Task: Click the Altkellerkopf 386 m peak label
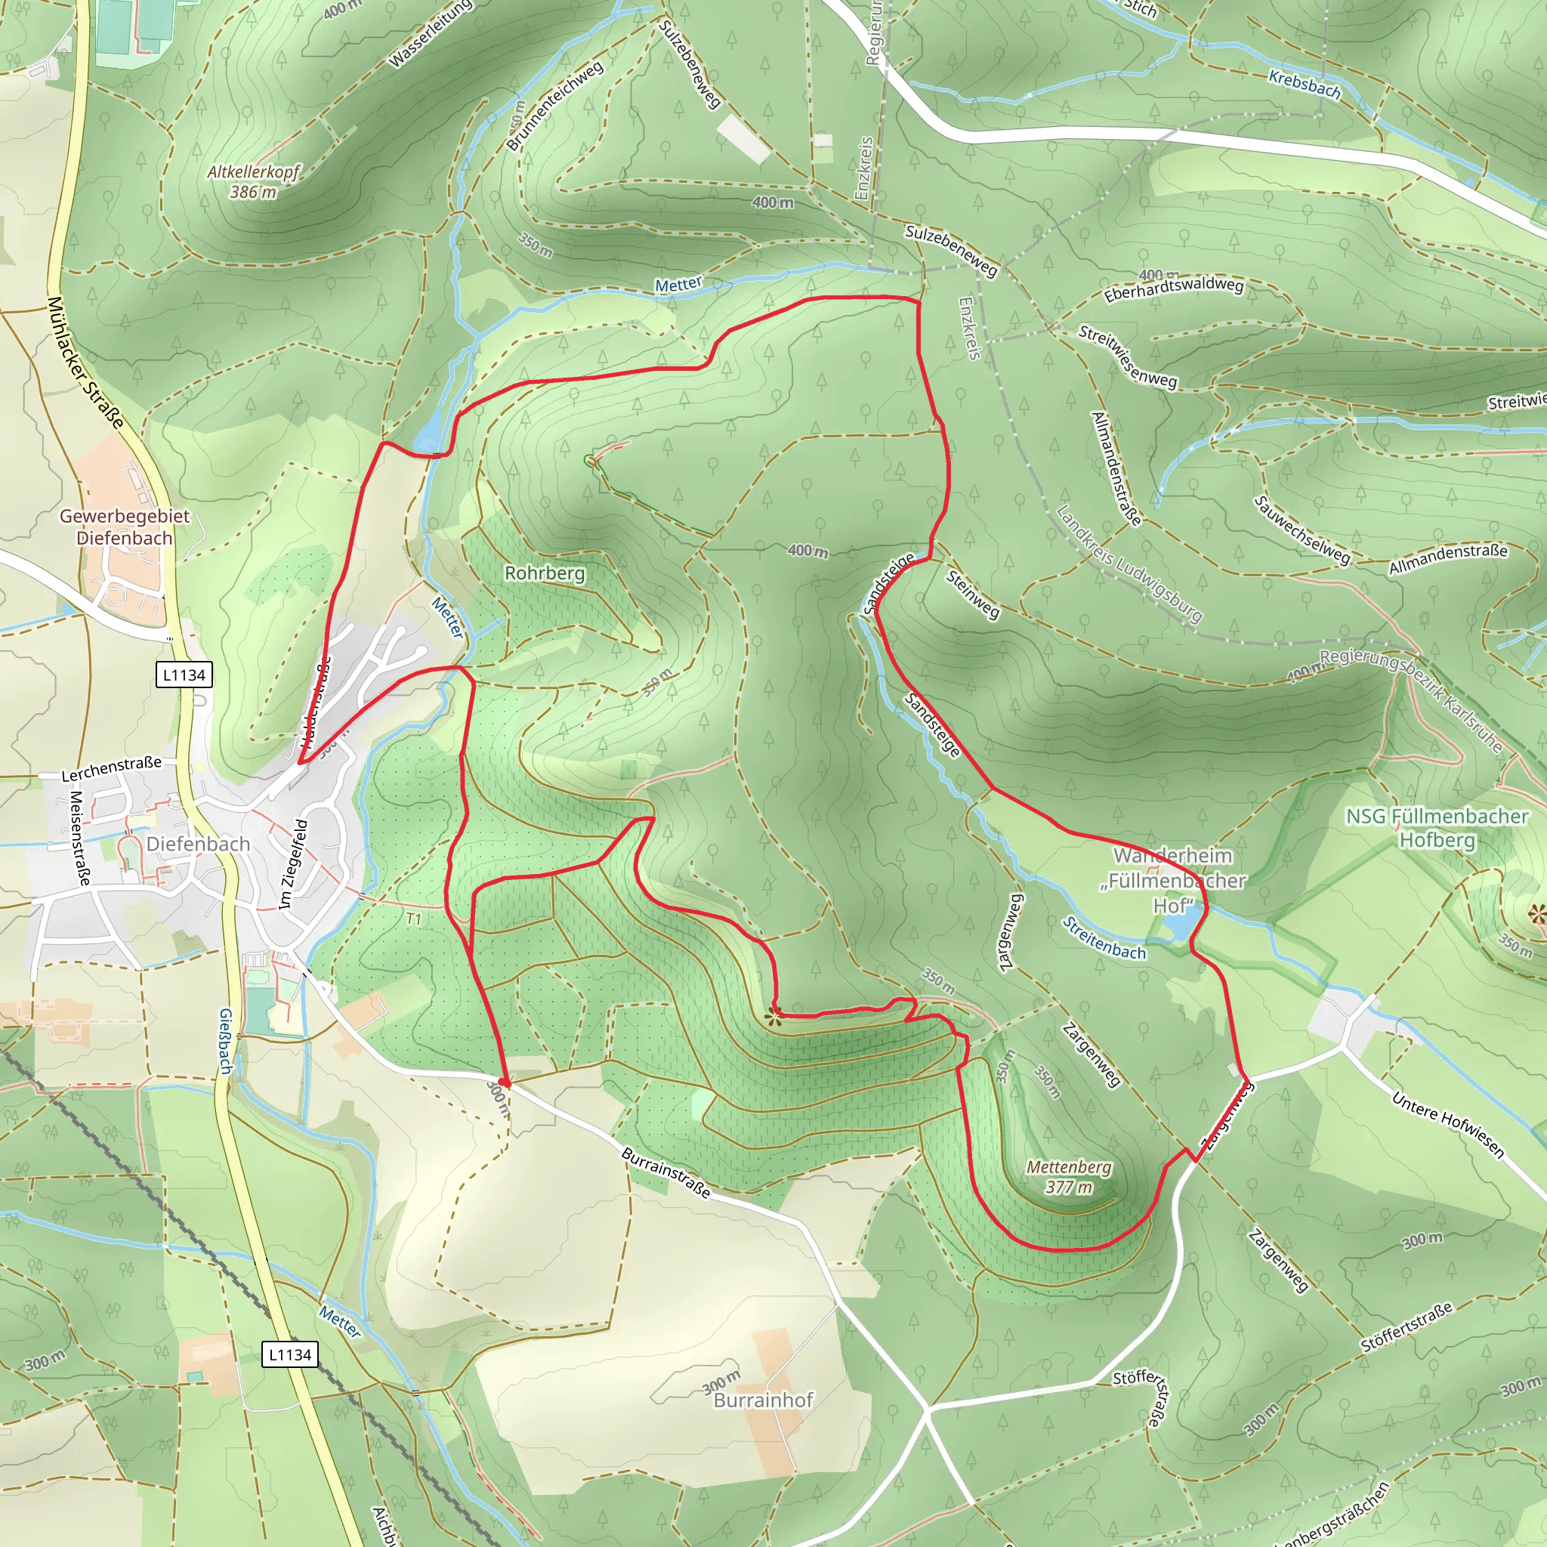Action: coord(253,182)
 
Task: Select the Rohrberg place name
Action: coord(545,573)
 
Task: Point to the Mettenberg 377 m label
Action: coord(1069,1177)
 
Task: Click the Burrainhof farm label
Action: coord(763,1400)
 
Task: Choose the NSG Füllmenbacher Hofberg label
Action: coord(1437,828)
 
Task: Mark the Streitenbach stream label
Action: coord(1104,938)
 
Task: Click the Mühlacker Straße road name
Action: coord(85,363)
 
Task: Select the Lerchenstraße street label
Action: coord(111,768)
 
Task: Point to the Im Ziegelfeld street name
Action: coord(292,864)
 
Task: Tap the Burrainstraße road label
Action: coord(665,1173)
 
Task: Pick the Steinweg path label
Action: coord(972,594)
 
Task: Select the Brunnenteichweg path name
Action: coord(554,106)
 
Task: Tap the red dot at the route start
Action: coord(504,1082)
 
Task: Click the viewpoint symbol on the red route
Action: coord(773,1017)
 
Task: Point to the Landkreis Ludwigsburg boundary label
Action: coord(1129,564)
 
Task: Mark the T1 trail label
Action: coord(413,919)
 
